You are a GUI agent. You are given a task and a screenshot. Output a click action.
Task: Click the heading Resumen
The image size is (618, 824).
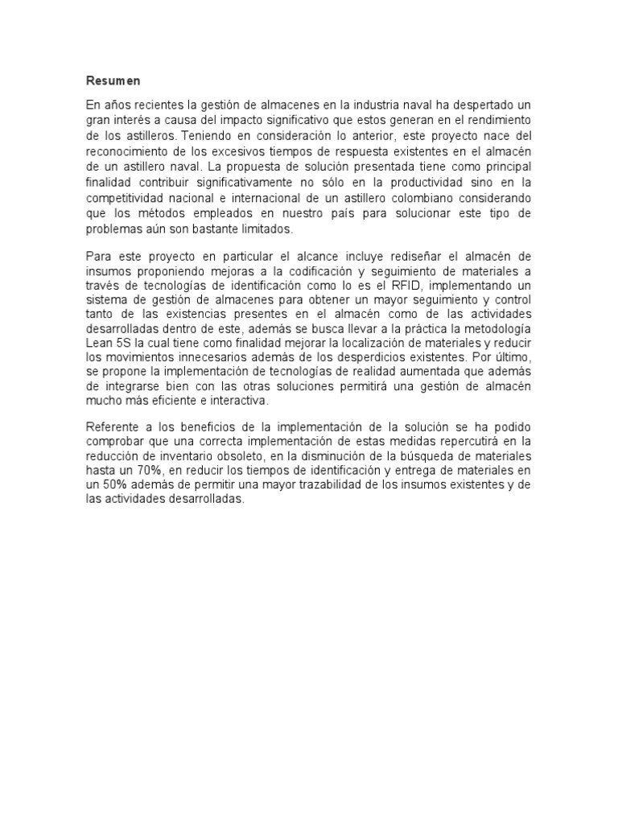click(x=113, y=80)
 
